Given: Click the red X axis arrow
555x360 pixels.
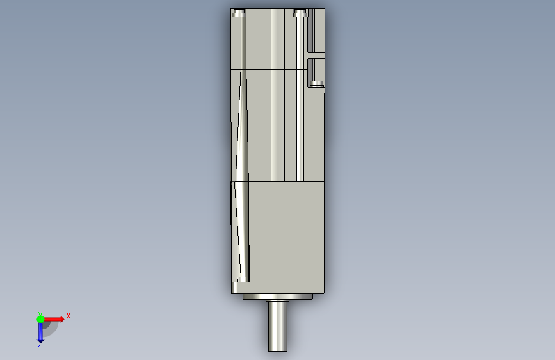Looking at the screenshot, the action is point(53,319).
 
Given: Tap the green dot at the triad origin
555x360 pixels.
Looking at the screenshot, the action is point(40,319).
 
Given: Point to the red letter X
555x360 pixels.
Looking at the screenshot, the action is point(68,316).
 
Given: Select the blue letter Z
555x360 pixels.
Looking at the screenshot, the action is point(40,344).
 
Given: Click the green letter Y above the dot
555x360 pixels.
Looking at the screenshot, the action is point(40,314).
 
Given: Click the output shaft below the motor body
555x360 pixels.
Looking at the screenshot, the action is point(278,325).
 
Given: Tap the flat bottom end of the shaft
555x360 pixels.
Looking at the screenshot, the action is point(278,351).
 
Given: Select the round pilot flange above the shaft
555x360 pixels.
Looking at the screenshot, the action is point(278,297).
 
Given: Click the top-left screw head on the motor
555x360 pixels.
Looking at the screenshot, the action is point(239,13).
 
